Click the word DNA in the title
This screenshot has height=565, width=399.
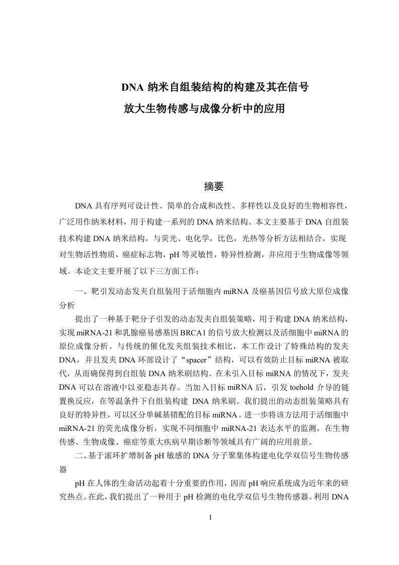133,87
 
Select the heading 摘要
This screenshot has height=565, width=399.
213,186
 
